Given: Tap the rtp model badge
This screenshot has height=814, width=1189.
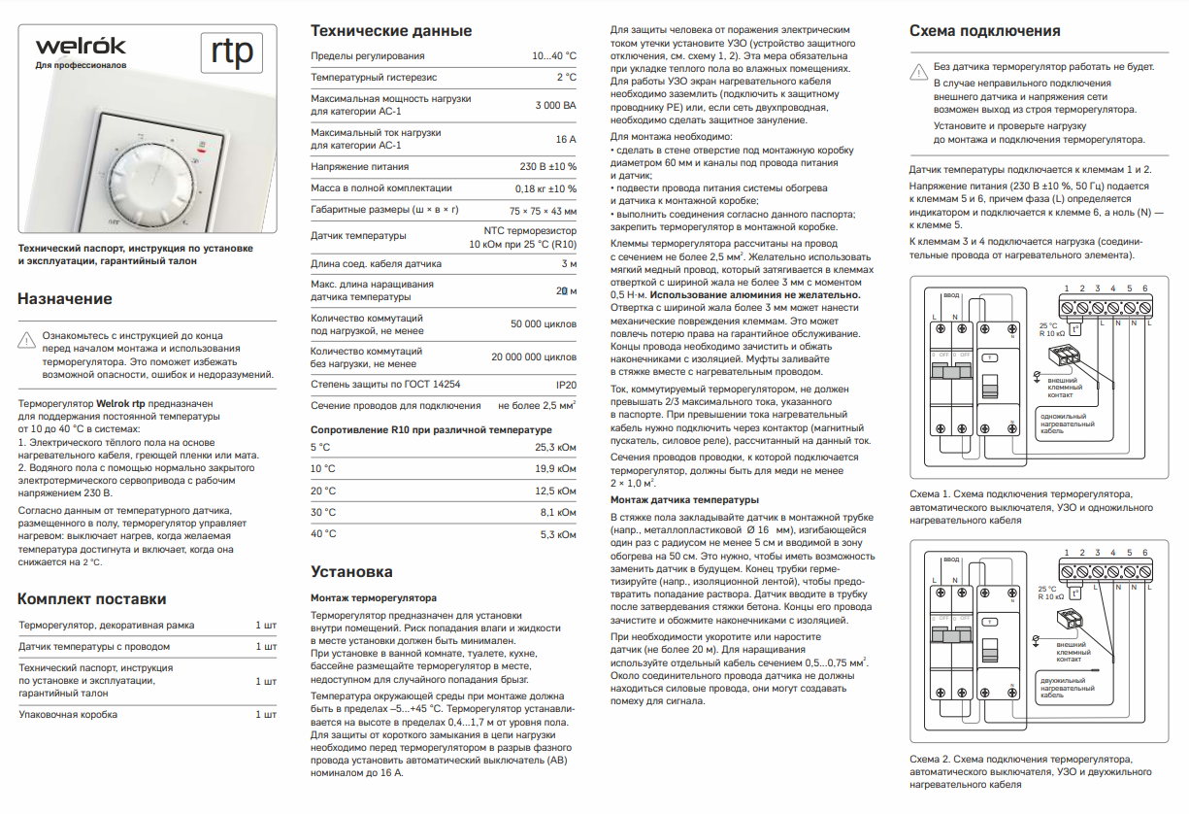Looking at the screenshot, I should (232, 53).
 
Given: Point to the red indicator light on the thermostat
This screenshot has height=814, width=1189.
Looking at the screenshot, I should (200, 152).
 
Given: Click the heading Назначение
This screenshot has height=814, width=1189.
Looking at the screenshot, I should (65, 299).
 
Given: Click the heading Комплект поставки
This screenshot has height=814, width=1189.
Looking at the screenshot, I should (92, 598).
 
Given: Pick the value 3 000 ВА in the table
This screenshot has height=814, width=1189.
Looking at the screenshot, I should (555, 105).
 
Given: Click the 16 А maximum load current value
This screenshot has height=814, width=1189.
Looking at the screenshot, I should (565, 139).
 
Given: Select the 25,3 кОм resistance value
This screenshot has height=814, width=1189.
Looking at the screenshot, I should (555, 448).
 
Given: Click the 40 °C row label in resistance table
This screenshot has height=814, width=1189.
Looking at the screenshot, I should (323, 534).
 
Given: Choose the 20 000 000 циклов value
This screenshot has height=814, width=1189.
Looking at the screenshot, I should (533, 357).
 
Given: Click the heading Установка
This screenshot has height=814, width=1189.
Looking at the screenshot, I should (351, 571).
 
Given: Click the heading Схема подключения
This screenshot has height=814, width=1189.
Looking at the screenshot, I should (984, 31).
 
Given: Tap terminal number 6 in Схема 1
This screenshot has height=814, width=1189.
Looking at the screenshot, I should (1145, 288).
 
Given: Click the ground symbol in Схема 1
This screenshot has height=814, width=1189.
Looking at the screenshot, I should (1037, 373).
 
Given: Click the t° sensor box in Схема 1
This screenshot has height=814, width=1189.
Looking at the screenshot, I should (1075, 329).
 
